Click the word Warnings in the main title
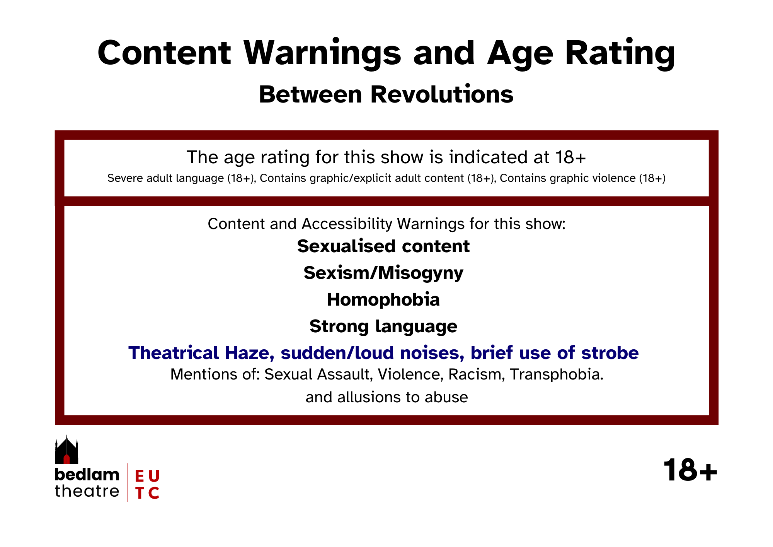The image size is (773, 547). [322, 54]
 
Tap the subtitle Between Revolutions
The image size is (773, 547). [386, 94]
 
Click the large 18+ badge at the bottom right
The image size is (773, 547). [690, 470]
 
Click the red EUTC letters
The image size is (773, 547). [147, 484]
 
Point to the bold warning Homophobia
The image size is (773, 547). [383, 300]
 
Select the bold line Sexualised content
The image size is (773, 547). [383, 246]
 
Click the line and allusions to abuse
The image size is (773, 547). [386, 397]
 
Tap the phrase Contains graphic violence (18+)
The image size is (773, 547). [582, 178]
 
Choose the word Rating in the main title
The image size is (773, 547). [620, 54]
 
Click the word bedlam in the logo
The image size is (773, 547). [87, 474]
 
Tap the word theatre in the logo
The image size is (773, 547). [87, 491]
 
